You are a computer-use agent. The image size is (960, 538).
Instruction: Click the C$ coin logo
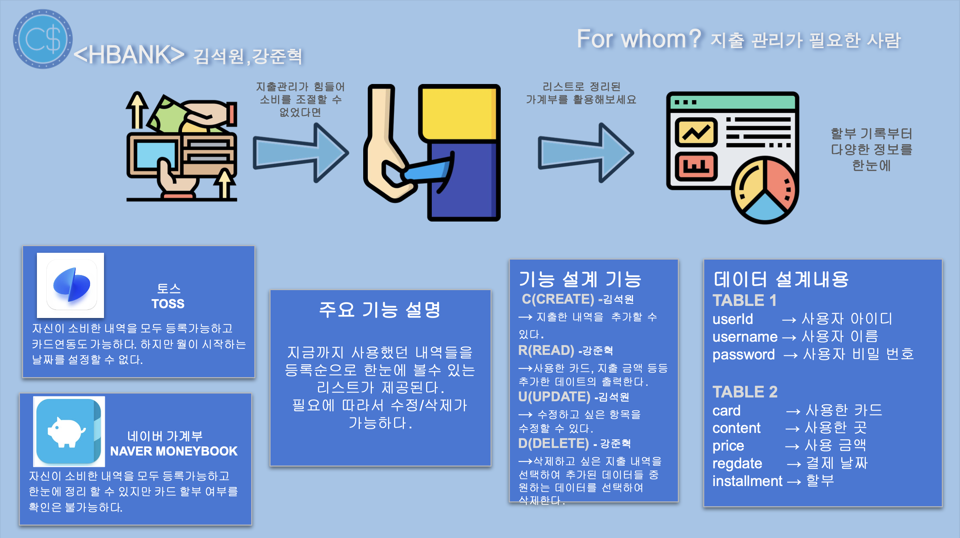click(43, 39)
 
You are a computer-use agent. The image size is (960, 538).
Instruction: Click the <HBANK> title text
click(129, 55)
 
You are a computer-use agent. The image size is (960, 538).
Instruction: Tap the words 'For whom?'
click(639, 39)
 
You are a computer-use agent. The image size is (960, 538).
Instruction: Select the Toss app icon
click(71, 285)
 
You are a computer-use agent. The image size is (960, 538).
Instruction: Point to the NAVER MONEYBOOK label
click(173, 451)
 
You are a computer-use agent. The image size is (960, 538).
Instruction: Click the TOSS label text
click(168, 304)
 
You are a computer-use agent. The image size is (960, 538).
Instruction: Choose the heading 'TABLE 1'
click(744, 301)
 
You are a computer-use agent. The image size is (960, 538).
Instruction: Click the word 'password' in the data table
click(743, 355)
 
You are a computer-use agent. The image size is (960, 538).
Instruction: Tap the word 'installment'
click(747, 481)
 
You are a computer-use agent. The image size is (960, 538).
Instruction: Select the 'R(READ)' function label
click(546, 350)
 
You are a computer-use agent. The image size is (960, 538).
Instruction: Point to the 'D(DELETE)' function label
click(553, 443)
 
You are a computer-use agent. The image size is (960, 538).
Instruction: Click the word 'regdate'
click(737, 463)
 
